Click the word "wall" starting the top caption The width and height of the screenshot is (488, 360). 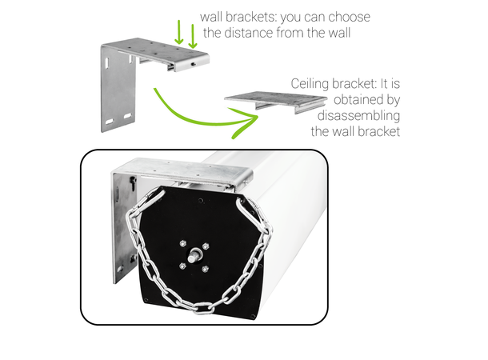(x=211, y=17)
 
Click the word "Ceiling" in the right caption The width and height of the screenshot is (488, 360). (x=310, y=84)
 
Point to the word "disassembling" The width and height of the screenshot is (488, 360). (x=358, y=116)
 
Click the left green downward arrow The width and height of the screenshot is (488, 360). (x=178, y=32)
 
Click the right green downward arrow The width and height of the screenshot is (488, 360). (x=193, y=36)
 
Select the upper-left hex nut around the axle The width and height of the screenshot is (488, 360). (x=183, y=243)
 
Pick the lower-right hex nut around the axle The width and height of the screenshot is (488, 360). (x=205, y=269)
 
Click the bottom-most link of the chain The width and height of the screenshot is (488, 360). (x=202, y=308)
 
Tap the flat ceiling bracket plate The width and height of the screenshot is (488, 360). (x=275, y=99)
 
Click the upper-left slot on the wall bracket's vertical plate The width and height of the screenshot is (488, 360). (x=107, y=62)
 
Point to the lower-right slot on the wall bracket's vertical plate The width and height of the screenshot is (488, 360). (x=128, y=116)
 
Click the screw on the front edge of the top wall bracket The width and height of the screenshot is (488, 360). (x=194, y=64)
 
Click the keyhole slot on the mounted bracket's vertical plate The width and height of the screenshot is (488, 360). (x=133, y=182)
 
